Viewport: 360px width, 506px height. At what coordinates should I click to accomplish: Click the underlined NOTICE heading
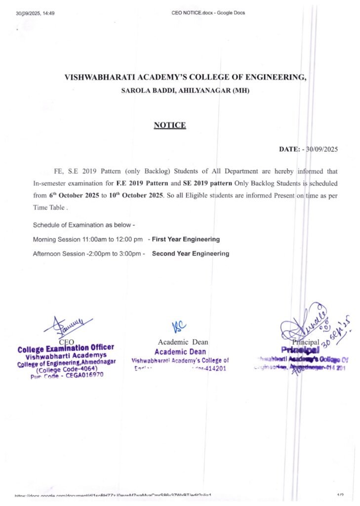170,126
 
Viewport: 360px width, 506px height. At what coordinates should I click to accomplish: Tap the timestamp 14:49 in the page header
48,13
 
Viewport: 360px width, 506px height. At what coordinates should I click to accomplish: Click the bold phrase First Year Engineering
186,240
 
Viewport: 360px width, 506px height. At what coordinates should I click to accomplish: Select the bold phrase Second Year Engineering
191,254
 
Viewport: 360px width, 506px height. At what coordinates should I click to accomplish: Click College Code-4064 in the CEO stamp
67,369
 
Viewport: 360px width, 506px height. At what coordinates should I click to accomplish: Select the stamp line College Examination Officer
66,348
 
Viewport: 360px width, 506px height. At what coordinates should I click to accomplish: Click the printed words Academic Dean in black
183,342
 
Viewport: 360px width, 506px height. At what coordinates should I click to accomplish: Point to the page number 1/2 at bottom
340,495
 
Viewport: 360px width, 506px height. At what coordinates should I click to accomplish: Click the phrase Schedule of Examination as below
84,225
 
